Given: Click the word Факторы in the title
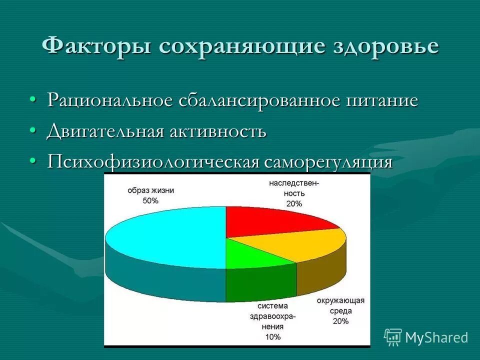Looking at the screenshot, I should tap(96, 46).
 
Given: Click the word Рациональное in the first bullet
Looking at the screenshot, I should tap(110, 100).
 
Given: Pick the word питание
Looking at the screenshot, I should tap(381, 100).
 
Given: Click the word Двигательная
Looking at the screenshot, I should tap(105, 131).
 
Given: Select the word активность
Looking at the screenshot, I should tap(217, 131).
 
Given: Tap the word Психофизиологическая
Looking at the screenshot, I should tap(153, 162).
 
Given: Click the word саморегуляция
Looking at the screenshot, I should tap(328, 162).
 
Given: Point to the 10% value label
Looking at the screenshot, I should tap(273, 336).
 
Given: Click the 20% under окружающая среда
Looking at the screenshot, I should tap(340, 321).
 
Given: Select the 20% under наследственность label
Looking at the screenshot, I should tap(294, 203).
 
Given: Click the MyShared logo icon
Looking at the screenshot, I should tap(393, 337).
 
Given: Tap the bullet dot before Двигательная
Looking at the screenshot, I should tap(32, 130).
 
